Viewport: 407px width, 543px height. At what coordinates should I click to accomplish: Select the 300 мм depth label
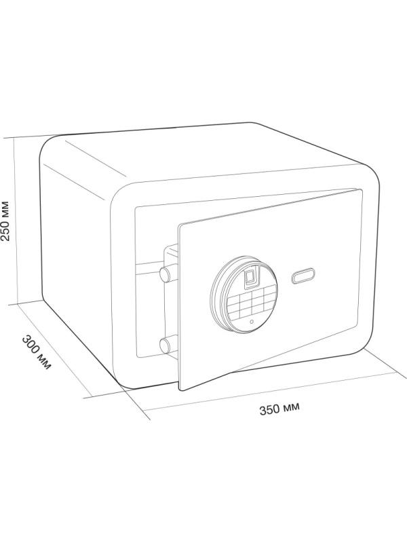pyautogui.click(x=37, y=352)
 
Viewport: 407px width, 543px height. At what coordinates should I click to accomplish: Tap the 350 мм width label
pyautogui.click(x=279, y=409)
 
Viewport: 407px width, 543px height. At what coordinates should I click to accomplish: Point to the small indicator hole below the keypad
pyautogui.click(x=252, y=321)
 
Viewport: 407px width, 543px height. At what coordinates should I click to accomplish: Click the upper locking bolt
pyautogui.click(x=168, y=274)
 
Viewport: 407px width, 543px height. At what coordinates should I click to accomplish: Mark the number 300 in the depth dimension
pyautogui.click(x=31, y=345)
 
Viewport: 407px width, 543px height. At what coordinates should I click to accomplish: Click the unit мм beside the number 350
pyautogui.click(x=292, y=407)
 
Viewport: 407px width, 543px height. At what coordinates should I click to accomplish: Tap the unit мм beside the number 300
pyautogui.click(x=45, y=362)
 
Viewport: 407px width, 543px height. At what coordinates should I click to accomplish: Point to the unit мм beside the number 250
pyautogui.click(x=6, y=208)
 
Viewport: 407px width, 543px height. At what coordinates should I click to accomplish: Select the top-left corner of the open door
pyautogui.click(x=178, y=225)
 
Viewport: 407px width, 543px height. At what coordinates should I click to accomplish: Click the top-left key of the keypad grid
pyautogui.click(x=234, y=298)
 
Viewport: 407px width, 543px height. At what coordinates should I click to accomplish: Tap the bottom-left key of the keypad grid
pyautogui.click(x=235, y=315)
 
